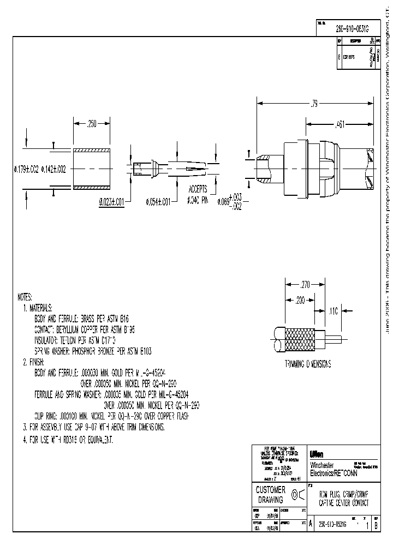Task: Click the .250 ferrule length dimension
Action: point(92,124)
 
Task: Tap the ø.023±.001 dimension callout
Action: point(111,201)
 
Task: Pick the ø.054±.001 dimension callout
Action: point(158,201)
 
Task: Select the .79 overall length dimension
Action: point(314,102)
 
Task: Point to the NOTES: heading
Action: point(25,297)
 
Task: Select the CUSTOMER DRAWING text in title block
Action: point(270,495)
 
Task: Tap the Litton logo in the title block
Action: point(317,454)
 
